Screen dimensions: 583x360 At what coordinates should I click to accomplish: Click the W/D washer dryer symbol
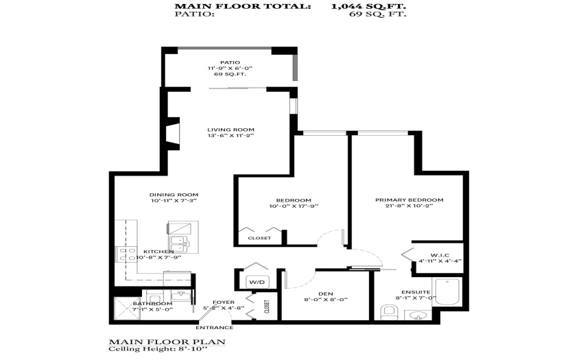click(x=257, y=282)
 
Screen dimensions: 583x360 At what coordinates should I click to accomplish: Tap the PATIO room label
click(x=230, y=62)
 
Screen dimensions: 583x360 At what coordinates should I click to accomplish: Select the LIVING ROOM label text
click(x=230, y=130)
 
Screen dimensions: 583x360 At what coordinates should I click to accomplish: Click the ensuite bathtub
click(x=447, y=292)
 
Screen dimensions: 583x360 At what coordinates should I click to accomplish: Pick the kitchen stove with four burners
click(x=127, y=255)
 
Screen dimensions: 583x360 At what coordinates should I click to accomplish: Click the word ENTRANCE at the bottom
click(x=215, y=328)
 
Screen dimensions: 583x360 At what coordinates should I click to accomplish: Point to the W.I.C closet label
click(x=440, y=255)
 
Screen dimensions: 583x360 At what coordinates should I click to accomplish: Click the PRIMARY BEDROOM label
click(x=409, y=200)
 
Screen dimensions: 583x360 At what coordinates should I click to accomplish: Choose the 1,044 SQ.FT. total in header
click(x=368, y=6)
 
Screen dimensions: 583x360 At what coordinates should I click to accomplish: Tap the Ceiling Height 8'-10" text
click(x=158, y=349)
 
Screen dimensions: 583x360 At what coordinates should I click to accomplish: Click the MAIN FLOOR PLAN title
click(x=167, y=341)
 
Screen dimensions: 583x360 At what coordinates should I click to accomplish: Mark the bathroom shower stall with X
click(x=126, y=309)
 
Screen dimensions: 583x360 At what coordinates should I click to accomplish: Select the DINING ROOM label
click(x=174, y=195)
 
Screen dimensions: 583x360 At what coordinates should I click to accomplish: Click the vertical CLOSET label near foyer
click(x=267, y=307)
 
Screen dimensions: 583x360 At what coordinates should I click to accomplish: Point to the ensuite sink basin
click(x=418, y=315)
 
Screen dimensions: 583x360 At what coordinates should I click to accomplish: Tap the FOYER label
click(x=224, y=302)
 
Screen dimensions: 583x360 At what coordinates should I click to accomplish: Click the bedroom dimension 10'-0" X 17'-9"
click(x=294, y=206)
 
